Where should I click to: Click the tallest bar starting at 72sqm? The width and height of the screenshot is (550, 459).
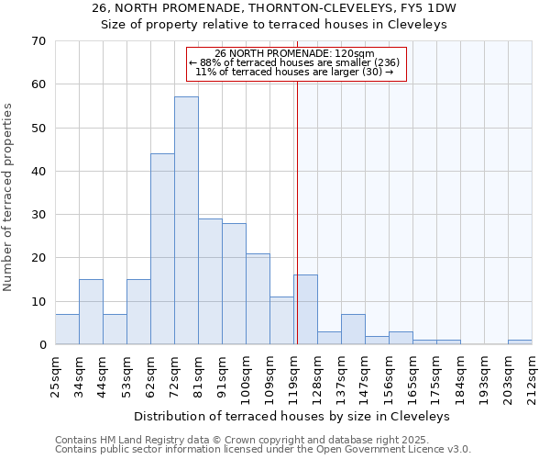click(186, 220)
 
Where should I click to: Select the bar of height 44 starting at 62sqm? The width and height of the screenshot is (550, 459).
click(162, 249)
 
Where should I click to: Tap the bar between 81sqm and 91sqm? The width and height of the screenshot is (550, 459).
click(210, 281)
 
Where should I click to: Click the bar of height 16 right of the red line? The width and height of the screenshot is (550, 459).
click(306, 309)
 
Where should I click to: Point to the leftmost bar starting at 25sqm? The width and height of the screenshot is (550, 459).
click(67, 329)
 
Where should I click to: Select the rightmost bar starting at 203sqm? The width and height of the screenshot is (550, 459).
click(520, 341)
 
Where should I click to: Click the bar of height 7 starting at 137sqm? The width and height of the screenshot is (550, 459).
click(353, 329)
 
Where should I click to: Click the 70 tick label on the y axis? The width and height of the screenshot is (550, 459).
click(38, 41)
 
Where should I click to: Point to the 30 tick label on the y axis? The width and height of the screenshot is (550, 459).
click(38, 215)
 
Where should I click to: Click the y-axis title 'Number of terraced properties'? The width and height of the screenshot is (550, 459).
click(8, 197)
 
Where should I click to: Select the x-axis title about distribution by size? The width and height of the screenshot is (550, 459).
click(298, 416)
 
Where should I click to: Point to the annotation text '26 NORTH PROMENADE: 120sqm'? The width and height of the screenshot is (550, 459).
click(294, 53)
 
